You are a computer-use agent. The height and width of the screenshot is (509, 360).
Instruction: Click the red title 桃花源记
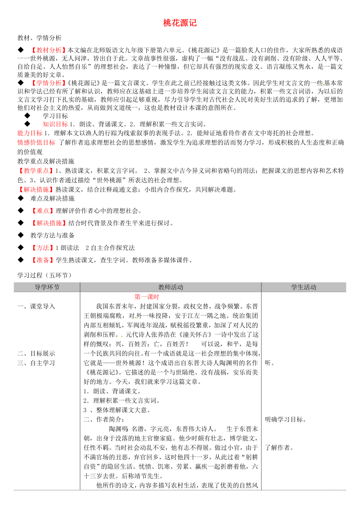[x=180, y=23]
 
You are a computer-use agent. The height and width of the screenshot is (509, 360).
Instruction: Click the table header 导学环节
[x=47, y=287]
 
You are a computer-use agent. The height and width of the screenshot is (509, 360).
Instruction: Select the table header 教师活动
[x=171, y=287]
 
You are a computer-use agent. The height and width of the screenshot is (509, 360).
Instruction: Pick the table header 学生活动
[x=304, y=287]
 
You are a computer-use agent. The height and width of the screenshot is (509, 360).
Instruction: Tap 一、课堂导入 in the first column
[x=36, y=306]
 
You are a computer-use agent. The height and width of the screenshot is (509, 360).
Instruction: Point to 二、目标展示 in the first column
[x=36, y=353]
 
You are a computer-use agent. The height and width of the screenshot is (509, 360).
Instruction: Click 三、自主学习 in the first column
[x=36, y=362]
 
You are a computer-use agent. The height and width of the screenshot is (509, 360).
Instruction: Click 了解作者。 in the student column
[x=279, y=448]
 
